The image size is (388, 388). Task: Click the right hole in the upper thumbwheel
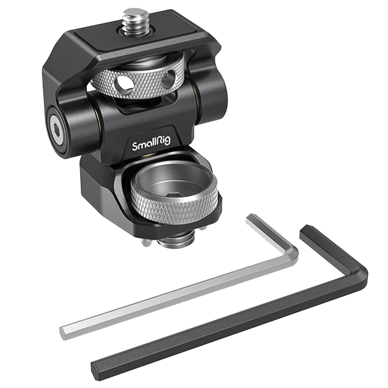point(169,80)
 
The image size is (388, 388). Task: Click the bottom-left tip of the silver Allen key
point(63,333)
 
